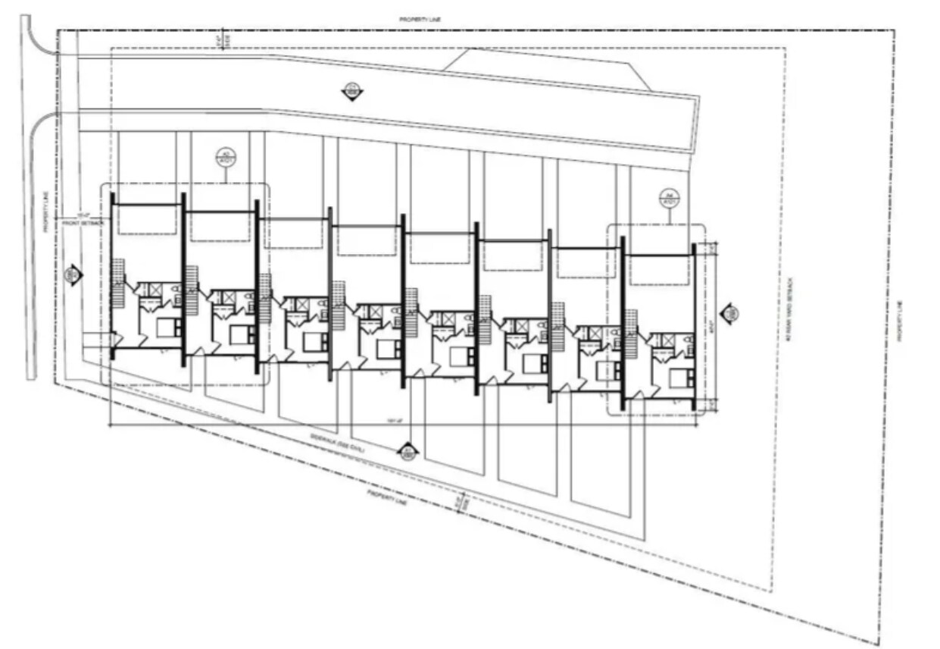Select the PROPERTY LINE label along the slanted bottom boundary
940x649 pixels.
pos(388,494)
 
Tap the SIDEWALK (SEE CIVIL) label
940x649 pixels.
pos(338,443)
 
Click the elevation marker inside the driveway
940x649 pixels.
pos(351,92)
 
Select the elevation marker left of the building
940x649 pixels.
pos(73,275)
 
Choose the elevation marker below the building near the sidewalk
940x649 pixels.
pos(409,453)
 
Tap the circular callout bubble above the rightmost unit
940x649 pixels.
pos(670,198)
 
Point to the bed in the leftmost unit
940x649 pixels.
pos(168,328)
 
